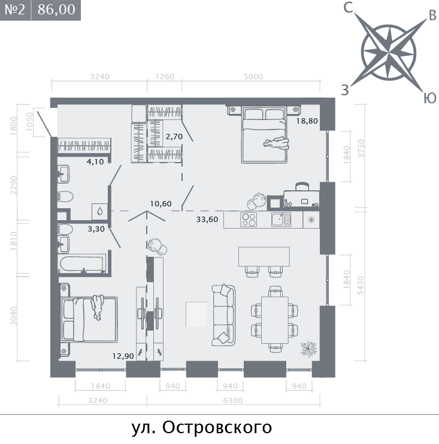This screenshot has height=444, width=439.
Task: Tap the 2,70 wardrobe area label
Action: tap(174, 137)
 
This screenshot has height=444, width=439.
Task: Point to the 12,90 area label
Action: tap(123, 356)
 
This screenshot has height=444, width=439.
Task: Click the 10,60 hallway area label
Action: tap(161, 203)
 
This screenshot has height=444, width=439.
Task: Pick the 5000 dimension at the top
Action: tap(253, 77)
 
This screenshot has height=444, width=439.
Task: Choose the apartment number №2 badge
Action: tap(14, 10)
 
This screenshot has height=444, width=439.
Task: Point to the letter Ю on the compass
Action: tap(429, 98)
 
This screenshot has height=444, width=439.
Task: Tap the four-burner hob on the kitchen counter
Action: tap(249, 219)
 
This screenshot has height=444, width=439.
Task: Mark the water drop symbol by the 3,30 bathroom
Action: tap(99, 211)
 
